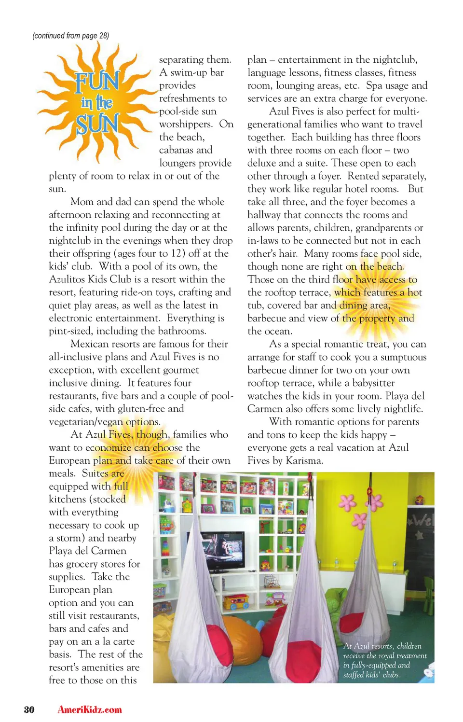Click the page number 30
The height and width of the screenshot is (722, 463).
point(29,709)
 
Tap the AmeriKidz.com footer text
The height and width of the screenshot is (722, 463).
point(90,709)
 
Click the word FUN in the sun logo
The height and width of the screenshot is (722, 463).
point(97,81)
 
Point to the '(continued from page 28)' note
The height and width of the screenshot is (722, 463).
point(71,36)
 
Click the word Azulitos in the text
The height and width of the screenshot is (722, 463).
point(67,279)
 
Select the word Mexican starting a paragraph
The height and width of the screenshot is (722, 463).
point(92,344)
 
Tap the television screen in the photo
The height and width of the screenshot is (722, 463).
point(222,550)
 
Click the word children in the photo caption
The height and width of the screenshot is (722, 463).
point(409,646)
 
